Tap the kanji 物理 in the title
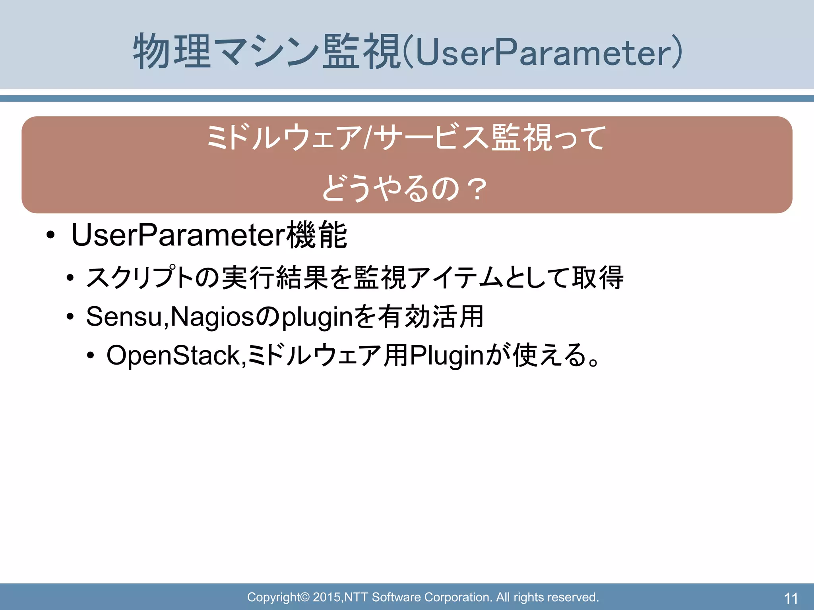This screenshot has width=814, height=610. [172, 52]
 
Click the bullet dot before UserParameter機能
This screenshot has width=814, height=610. [50, 236]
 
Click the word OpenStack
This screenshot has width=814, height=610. [173, 355]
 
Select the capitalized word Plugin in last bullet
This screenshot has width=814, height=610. [446, 356]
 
